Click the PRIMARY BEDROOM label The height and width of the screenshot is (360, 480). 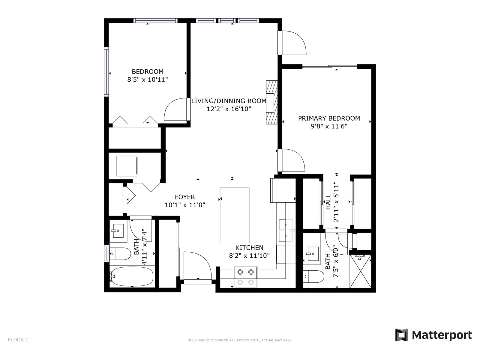pos(329,118)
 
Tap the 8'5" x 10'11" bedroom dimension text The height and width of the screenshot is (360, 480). pos(148,79)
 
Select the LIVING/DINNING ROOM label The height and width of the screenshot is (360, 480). pos(229,101)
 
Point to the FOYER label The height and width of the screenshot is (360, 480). pos(185,197)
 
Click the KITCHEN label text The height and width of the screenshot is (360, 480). pos(249,248)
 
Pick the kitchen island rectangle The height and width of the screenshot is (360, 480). pos(234,215)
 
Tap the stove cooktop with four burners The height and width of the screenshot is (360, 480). pos(246,277)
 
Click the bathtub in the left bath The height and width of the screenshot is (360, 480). pos(132,276)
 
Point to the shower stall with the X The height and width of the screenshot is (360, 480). pos(360,271)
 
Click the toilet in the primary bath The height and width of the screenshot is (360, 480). pos(313,277)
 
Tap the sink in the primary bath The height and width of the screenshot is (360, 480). pos(313,254)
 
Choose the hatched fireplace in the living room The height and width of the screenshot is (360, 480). pos(272,103)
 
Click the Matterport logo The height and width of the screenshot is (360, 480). pos(433,335)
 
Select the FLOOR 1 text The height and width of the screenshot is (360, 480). pos(18,340)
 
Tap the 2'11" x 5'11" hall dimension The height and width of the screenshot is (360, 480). pos(336,203)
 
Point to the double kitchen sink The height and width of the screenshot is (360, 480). pos(286,230)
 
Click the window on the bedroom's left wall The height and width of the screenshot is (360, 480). pos(106,72)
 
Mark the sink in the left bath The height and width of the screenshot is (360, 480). pos(118,231)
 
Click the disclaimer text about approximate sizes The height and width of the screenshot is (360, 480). pos(240,340)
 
